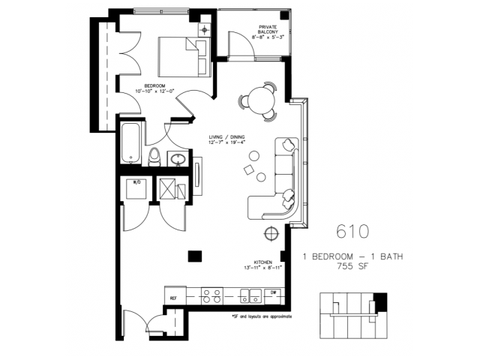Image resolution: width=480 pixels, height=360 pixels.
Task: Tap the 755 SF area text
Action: (353, 265)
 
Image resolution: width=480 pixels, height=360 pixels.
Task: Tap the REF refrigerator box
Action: (175, 295)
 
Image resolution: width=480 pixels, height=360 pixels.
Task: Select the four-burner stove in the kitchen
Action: (211, 295)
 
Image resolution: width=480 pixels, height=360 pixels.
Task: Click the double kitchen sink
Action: (250, 295)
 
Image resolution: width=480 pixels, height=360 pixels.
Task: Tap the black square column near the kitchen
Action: (194, 255)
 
